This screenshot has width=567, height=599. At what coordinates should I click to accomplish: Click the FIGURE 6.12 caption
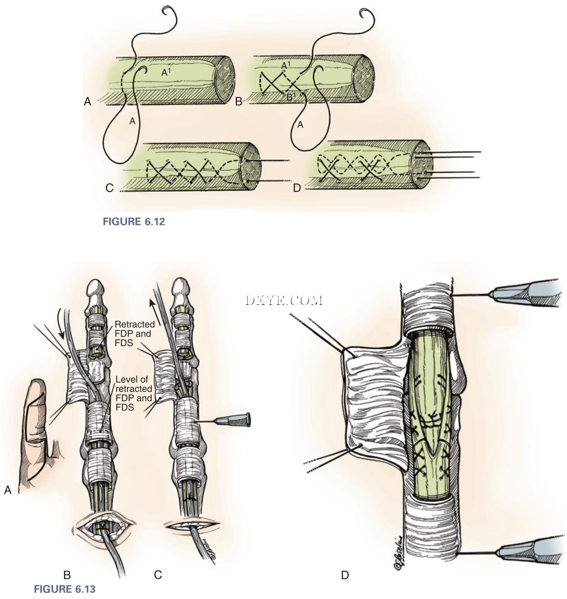[134, 222]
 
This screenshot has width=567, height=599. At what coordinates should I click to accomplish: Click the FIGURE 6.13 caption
[64, 589]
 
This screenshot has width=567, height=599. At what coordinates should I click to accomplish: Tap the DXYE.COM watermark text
[284, 300]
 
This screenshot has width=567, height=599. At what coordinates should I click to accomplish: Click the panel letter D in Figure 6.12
[297, 188]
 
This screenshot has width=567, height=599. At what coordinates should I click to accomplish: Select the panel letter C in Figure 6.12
[110, 188]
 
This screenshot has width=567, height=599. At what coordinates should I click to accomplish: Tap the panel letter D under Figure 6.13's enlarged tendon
[345, 575]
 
